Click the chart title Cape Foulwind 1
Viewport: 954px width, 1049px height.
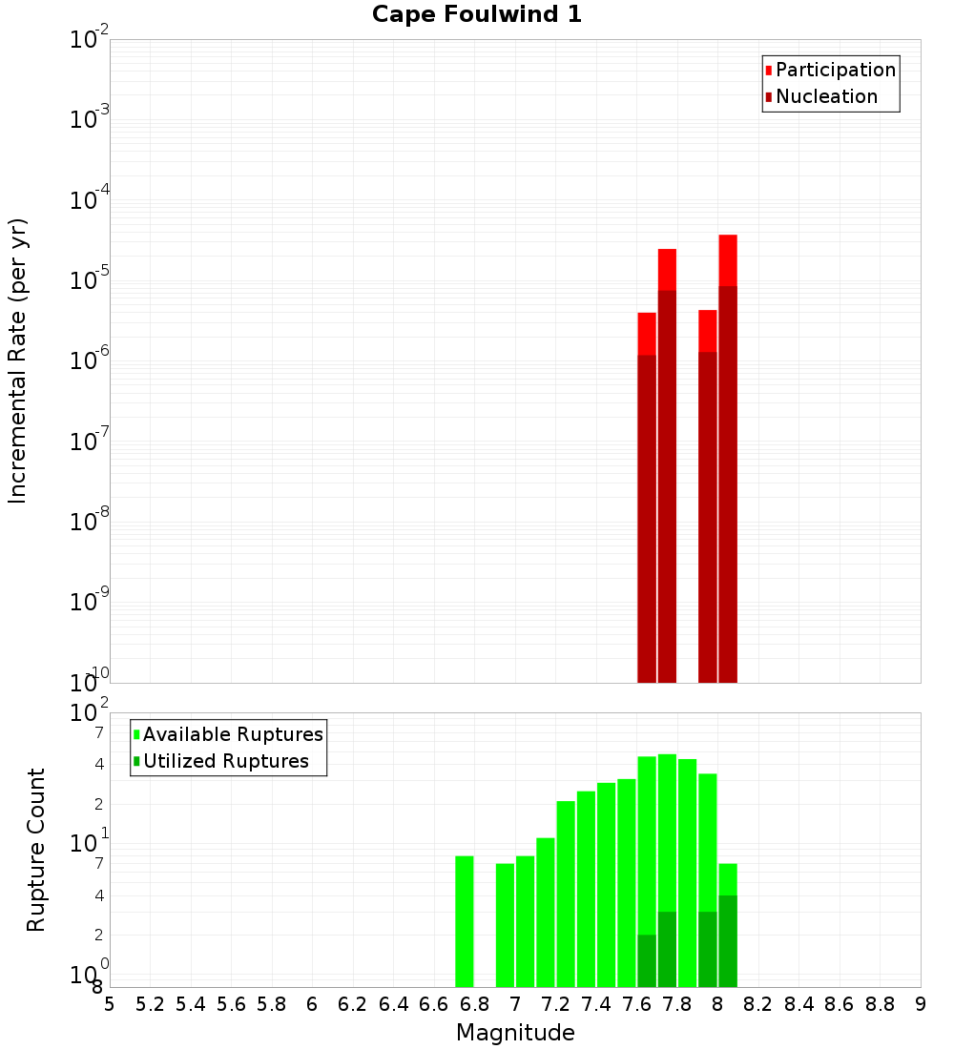pos(476,14)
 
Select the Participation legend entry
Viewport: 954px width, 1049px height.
pos(835,70)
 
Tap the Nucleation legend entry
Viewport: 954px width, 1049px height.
pos(825,96)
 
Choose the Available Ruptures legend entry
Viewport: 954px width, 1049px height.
pos(232,734)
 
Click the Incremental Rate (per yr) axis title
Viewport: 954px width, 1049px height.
pos(18,360)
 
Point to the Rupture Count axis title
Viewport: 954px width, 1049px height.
pos(36,849)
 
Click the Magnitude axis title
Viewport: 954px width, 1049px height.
pos(515,1033)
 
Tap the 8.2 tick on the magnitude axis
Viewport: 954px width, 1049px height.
pos(758,1004)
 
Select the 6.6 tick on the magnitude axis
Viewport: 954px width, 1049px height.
pos(434,1004)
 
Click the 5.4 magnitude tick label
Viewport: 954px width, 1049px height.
pos(191,1004)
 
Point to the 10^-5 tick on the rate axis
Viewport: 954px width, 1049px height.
pos(90,280)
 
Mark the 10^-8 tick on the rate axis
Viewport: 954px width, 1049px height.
pos(90,522)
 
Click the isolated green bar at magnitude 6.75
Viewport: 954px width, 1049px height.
pos(465,920)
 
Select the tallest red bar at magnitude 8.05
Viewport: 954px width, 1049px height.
pos(728,458)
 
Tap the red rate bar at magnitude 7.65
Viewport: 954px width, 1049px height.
pos(647,496)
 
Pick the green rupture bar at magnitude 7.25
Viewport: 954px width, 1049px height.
pos(566,894)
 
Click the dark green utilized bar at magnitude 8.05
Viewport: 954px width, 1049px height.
pos(728,940)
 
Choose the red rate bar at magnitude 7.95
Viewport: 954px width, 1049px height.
pos(708,496)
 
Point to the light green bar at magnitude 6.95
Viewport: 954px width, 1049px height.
pos(505,924)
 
